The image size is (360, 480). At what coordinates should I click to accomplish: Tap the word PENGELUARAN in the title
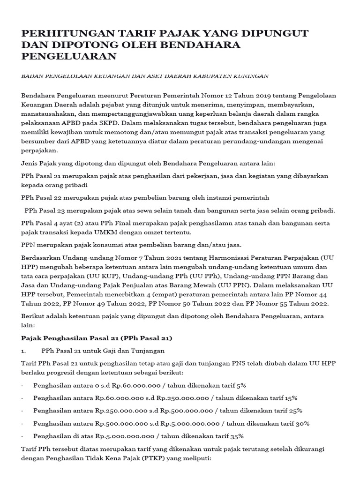click(x=69, y=56)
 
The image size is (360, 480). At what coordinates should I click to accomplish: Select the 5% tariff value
click(x=241, y=385)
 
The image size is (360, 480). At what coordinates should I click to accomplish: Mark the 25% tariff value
click(x=295, y=411)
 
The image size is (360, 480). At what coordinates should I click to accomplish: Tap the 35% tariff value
click(x=237, y=436)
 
